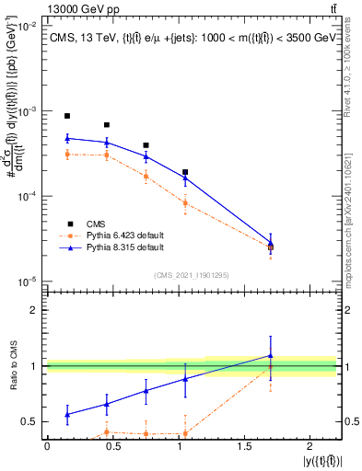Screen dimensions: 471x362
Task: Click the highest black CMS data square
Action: tap(67, 116)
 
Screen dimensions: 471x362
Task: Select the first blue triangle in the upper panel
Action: tap(67, 139)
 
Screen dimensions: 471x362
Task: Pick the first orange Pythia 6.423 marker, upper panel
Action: tap(67, 155)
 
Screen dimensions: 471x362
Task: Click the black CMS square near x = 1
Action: tap(185, 172)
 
